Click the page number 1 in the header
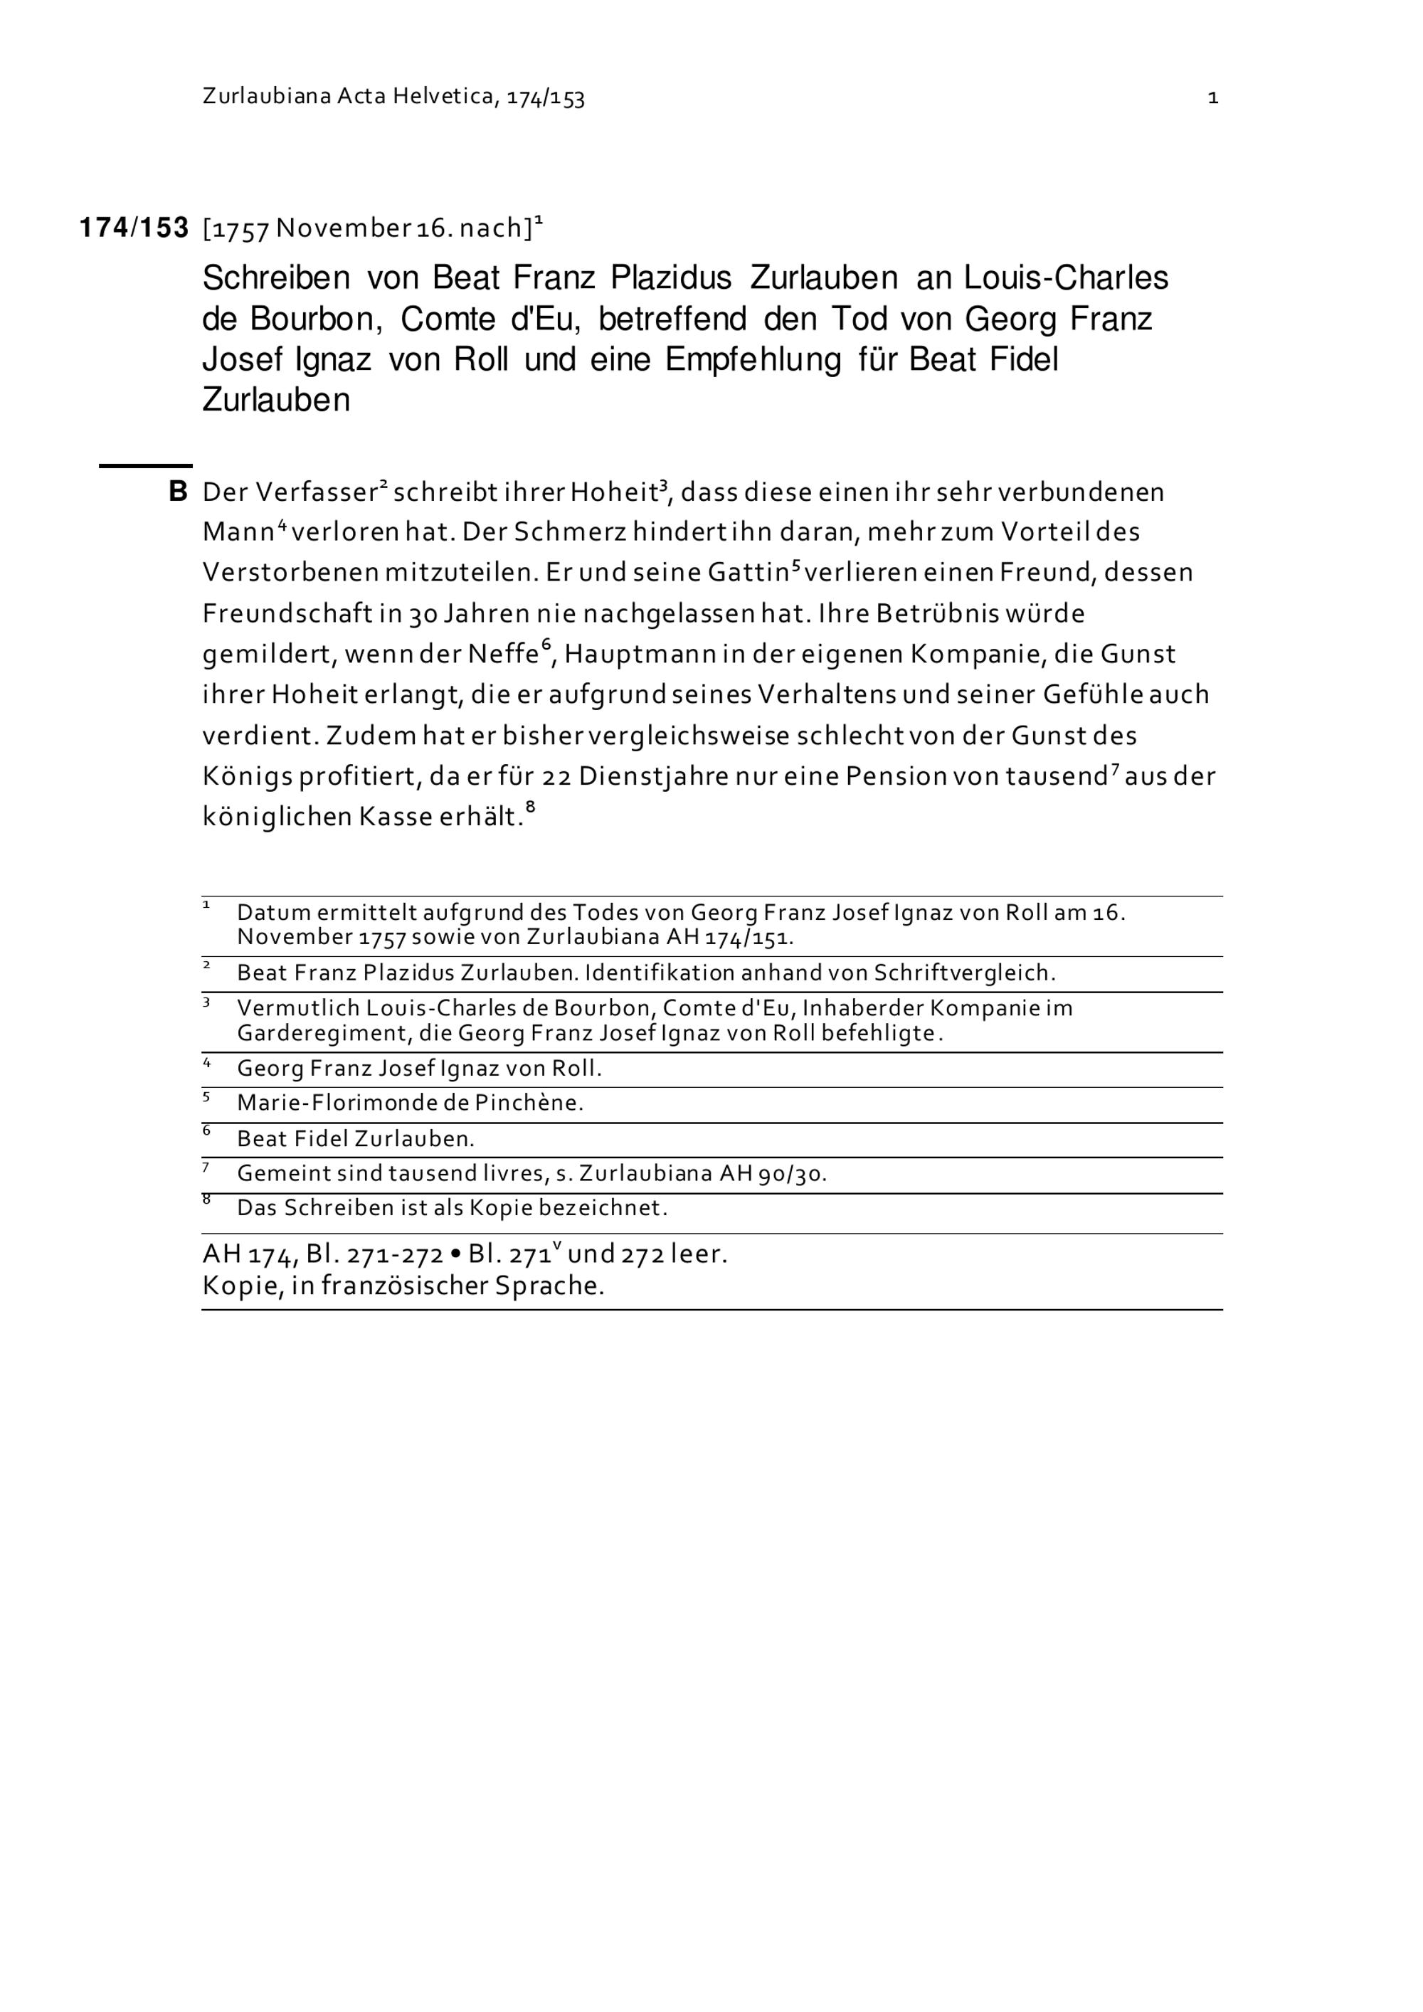(x=1212, y=98)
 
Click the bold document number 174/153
(x=134, y=228)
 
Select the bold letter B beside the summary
(x=178, y=492)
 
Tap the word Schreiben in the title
(x=276, y=279)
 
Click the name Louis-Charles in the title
(x=1067, y=279)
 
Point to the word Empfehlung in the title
(x=753, y=359)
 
